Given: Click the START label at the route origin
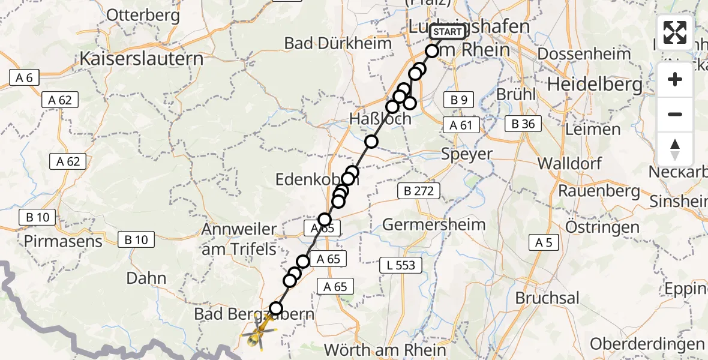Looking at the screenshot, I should click(x=448, y=32).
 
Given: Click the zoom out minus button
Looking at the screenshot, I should click(x=675, y=114).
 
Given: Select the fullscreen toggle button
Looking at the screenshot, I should click(x=675, y=32).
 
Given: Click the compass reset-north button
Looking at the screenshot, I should click(x=675, y=149).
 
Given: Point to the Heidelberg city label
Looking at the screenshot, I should click(x=595, y=84).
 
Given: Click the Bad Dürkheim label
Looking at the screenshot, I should click(x=338, y=43).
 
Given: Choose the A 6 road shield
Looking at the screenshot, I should click(x=24, y=77).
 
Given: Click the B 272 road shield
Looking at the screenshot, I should click(x=418, y=191).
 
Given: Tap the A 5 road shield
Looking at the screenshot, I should click(x=544, y=242).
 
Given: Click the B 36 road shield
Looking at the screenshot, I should click(x=523, y=124).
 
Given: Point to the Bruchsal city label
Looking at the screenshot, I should click(x=547, y=298).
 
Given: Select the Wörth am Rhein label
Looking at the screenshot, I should click(x=385, y=350).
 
